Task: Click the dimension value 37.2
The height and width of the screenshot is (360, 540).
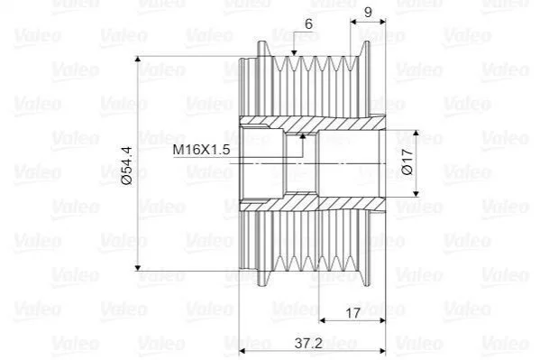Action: [x=308, y=343]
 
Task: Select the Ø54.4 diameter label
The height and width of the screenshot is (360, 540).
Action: [x=126, y=165]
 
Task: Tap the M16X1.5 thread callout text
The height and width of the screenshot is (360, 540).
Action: [x=201, y=150]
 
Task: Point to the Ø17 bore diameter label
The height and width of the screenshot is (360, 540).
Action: [x=407, y=162]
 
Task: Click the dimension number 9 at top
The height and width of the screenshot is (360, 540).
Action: [x=368, y=13]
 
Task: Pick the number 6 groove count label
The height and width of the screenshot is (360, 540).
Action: [x=308, y=23]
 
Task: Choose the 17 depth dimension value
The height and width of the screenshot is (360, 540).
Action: [x=352, y=313]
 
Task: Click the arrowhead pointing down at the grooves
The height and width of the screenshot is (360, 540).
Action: [x=294, y=52]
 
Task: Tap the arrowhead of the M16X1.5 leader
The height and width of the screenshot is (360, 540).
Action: [x=303, y=136]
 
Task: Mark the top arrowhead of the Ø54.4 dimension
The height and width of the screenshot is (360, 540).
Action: [x=138, y=59]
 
